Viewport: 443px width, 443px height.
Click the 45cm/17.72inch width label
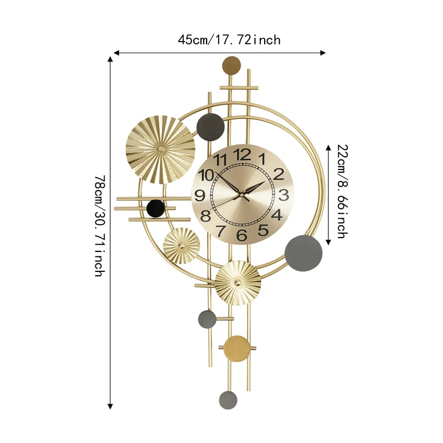(229, 40)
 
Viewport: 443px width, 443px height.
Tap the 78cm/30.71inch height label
(99, 226)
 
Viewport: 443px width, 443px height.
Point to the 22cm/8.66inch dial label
(342, 191)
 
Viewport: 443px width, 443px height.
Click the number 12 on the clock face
(242, 154)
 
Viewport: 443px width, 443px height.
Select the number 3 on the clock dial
(283, 195)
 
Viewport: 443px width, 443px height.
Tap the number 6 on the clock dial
(241, 235)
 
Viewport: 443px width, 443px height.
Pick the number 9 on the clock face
(200, 195)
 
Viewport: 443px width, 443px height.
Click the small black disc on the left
(156, 208)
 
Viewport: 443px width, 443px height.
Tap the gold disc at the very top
(231, 65)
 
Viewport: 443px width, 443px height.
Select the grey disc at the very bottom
(228, 399)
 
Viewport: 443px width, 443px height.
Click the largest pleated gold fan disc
(161, 149)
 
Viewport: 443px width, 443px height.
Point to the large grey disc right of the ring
(303, 253)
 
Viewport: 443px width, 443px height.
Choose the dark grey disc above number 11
(210, 127)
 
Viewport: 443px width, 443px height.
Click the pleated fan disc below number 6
(238, 282)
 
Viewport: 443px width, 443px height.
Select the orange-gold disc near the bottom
(236, 348)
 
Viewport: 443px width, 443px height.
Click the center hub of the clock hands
(241, 194)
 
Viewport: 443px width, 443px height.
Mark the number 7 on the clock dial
(220, 230)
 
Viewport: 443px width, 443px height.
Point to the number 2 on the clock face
(278, 174)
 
